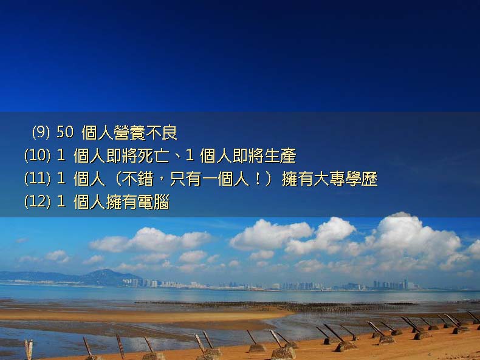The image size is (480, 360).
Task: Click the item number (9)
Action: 41,132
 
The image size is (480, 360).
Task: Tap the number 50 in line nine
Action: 65,132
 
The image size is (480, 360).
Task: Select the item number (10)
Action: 37,155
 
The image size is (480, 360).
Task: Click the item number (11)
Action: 37,178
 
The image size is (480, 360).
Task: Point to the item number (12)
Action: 37,202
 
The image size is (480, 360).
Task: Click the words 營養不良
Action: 145,133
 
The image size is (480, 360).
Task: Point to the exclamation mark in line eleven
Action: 258,179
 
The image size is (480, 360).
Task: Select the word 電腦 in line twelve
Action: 153,202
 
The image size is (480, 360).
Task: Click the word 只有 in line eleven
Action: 185,179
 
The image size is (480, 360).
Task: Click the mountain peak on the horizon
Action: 106,270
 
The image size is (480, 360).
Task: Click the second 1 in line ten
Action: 190,155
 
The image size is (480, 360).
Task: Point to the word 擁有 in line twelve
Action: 122,202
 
